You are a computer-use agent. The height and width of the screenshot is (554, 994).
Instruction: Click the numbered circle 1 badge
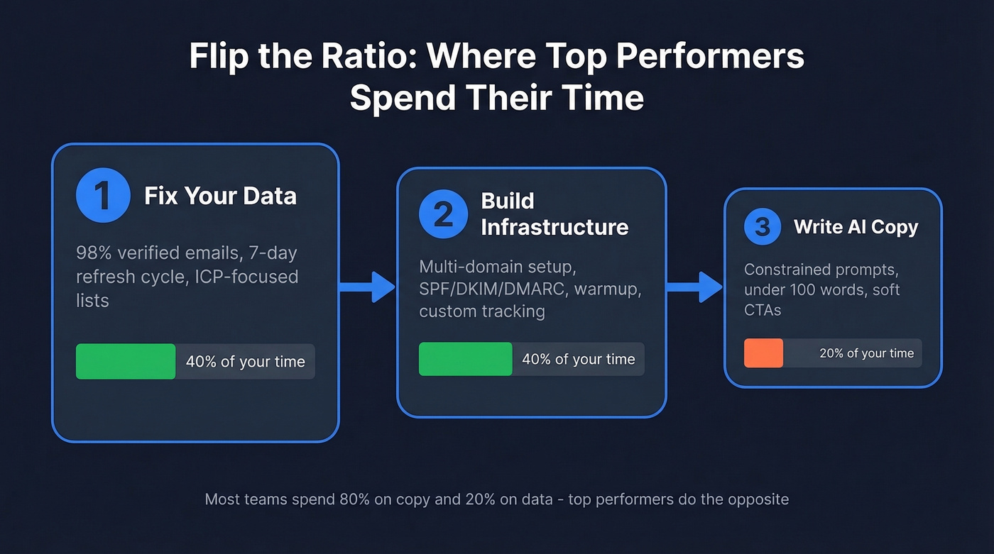coord(103,196)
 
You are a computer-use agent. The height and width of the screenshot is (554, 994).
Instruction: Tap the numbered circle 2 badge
coord(444,214)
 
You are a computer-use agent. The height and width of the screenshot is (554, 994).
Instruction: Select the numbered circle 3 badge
coord(763,227)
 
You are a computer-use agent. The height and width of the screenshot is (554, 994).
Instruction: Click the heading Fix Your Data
coord(220,196)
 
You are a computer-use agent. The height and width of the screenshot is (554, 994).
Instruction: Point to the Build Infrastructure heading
coord(555,214)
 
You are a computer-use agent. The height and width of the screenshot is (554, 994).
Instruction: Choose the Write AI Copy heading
coord(856,227)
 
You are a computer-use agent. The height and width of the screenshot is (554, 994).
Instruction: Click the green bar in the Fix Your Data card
coord(126,361)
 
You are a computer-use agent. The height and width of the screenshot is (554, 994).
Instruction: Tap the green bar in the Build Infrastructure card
coord(465,359)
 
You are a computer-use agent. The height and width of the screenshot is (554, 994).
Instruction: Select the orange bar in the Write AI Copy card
coord(763,353)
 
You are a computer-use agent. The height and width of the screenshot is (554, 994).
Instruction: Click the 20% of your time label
coord(866,353)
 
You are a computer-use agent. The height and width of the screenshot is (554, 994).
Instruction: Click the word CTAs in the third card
coord(763,309)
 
